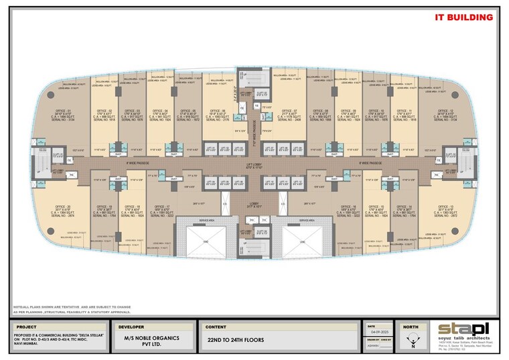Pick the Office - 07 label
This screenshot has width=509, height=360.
[290, 111]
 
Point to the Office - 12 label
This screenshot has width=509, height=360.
[444, 109]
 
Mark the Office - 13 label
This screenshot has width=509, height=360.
[444, 206]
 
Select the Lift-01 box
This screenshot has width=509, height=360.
[210, 148]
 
